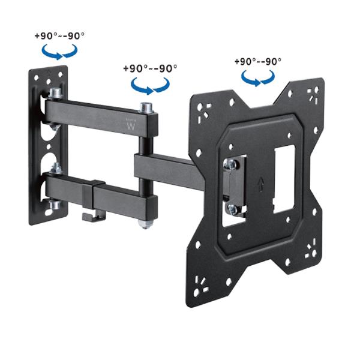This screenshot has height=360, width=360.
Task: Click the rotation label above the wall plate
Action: click(59, 36)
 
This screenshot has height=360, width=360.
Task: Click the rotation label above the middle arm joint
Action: click(150, 68)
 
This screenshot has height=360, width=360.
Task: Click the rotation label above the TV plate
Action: click(258, 61)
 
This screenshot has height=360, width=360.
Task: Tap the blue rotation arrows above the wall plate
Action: click(59, 52)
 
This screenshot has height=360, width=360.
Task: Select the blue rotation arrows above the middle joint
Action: click(150, 86)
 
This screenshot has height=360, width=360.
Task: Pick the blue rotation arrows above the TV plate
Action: click(258, 78)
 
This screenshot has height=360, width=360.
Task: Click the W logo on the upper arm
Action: click(131, 126)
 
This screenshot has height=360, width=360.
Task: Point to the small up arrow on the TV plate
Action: click(260, 183)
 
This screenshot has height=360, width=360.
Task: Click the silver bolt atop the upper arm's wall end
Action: click(55, 93)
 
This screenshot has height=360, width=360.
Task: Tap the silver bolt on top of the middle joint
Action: click(146, 107)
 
